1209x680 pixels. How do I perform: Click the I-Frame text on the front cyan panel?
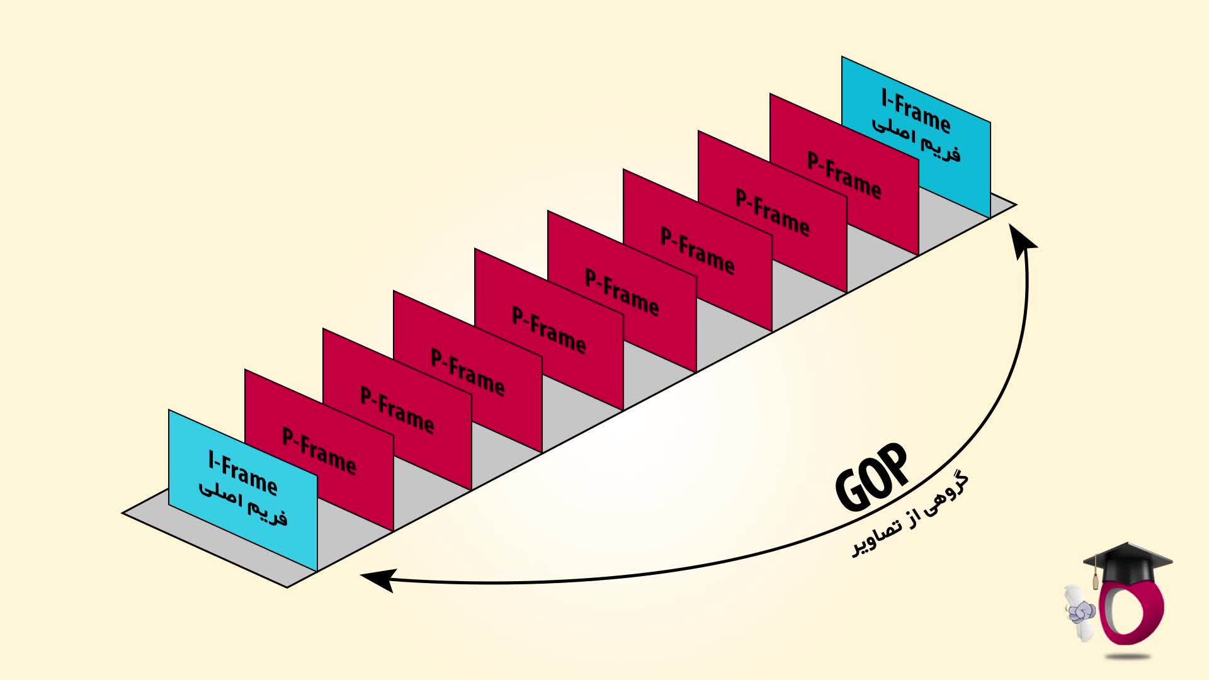click(x=242, y=472)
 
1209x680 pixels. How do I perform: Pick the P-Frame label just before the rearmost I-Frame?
click(x=844, y=175)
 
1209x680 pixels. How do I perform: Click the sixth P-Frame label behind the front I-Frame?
click(x=697, y=251)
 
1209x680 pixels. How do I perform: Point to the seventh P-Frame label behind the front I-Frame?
click(x=773, y=212)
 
